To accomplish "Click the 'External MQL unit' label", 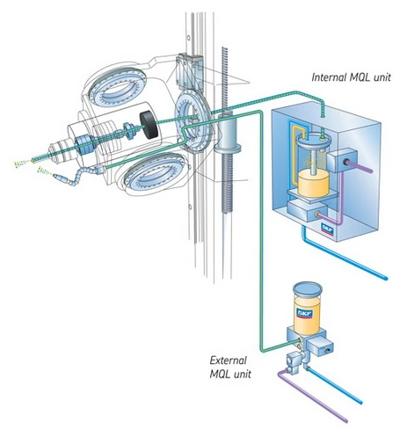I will pos(231,367).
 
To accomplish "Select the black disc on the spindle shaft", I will pos(152,126).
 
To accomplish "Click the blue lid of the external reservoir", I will pos(307,288).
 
